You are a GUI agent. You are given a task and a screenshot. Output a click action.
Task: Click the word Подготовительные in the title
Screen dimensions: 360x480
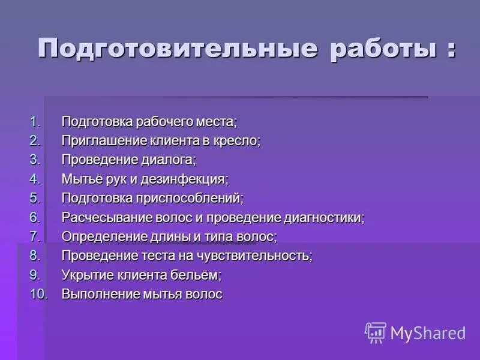click(178, 49)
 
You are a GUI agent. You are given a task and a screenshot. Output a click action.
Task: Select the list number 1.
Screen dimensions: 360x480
click(35, 122)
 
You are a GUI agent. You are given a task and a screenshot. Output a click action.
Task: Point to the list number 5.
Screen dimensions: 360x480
click(35, 198)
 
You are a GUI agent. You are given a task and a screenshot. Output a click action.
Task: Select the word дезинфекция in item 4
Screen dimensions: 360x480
click(190, 179)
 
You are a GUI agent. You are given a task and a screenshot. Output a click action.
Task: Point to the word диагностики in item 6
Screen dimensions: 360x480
click(325, 217)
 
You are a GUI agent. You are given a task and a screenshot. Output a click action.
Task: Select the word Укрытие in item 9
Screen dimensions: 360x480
click(85, 275)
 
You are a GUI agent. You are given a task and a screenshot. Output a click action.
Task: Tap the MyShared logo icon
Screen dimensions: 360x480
click(376, 332)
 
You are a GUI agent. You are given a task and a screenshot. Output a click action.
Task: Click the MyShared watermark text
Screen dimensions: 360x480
click(428, 333)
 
